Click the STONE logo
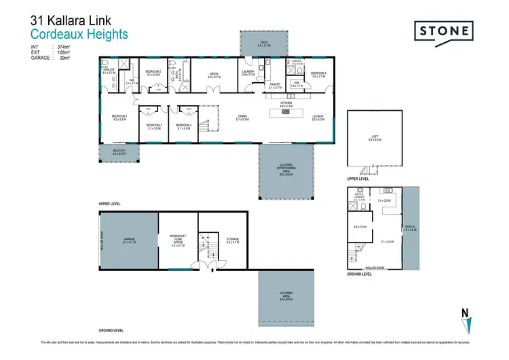click(x=444, y=32)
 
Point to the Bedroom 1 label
click(x=119, y=117)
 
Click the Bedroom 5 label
click(x=319, y=75)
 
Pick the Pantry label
click(x=275, y=87)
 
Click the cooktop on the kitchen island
click(x=285, y=112)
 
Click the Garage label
click(x=130, y=240)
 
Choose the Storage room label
click(x=233, y=240)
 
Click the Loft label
click(x=375, y=139)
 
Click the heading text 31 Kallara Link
click(x=69, y=20)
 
